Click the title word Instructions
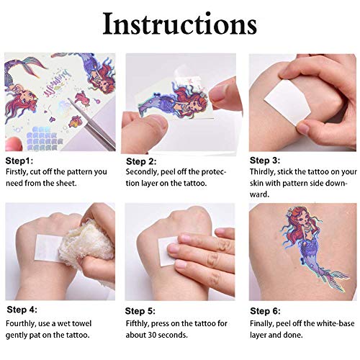point(179,23)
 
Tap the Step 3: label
point(266,160)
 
